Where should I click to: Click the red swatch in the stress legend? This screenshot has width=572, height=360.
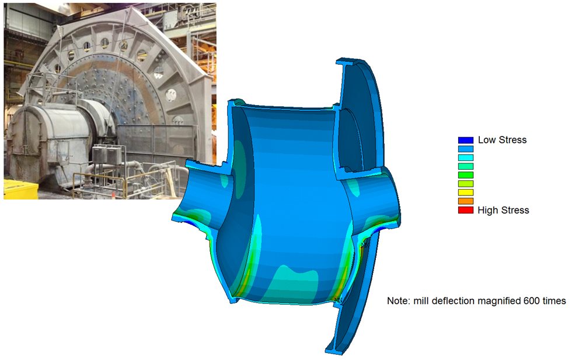[466, 210]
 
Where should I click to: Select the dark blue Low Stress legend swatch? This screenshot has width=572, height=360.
[466, 140]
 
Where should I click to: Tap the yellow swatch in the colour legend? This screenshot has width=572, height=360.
[466, 193]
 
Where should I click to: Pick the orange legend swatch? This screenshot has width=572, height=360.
[466, 201]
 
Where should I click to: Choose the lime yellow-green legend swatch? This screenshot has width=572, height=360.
[466, 184]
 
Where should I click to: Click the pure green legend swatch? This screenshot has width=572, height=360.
[466, 175]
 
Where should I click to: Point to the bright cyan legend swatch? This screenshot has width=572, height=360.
[466, 158]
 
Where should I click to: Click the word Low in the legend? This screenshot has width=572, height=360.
[486, 139]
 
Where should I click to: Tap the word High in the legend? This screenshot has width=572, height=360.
[487, 210]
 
